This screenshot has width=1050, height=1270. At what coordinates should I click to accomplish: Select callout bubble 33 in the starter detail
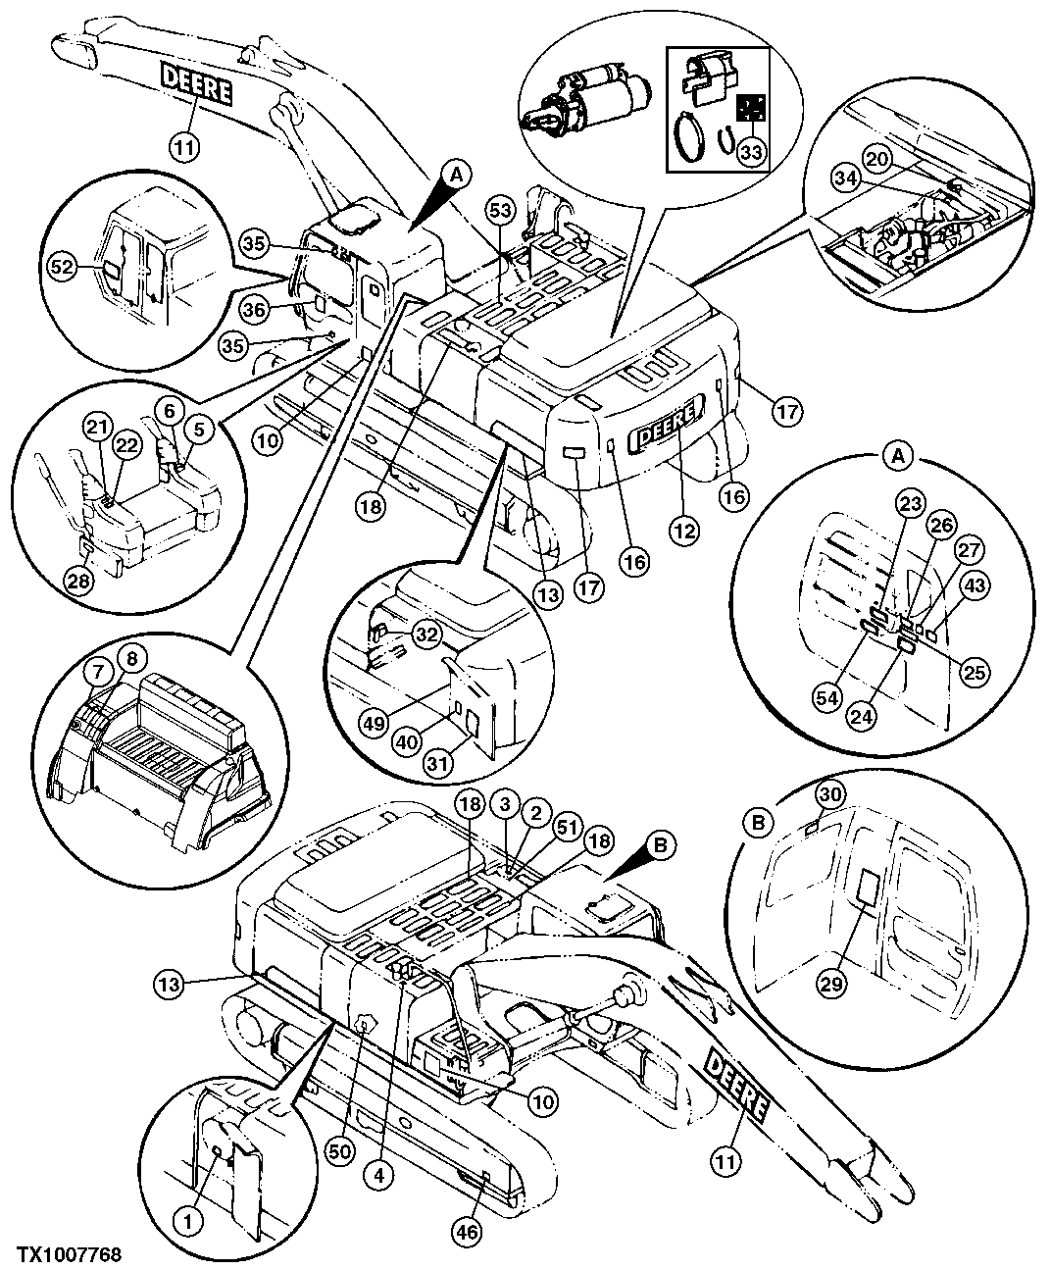pos(751,152)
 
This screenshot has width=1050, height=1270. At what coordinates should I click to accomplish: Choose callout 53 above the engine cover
pos(500,211)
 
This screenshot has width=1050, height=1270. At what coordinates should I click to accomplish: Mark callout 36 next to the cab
pos(254,308)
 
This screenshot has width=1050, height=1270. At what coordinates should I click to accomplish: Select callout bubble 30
pos(829,795)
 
